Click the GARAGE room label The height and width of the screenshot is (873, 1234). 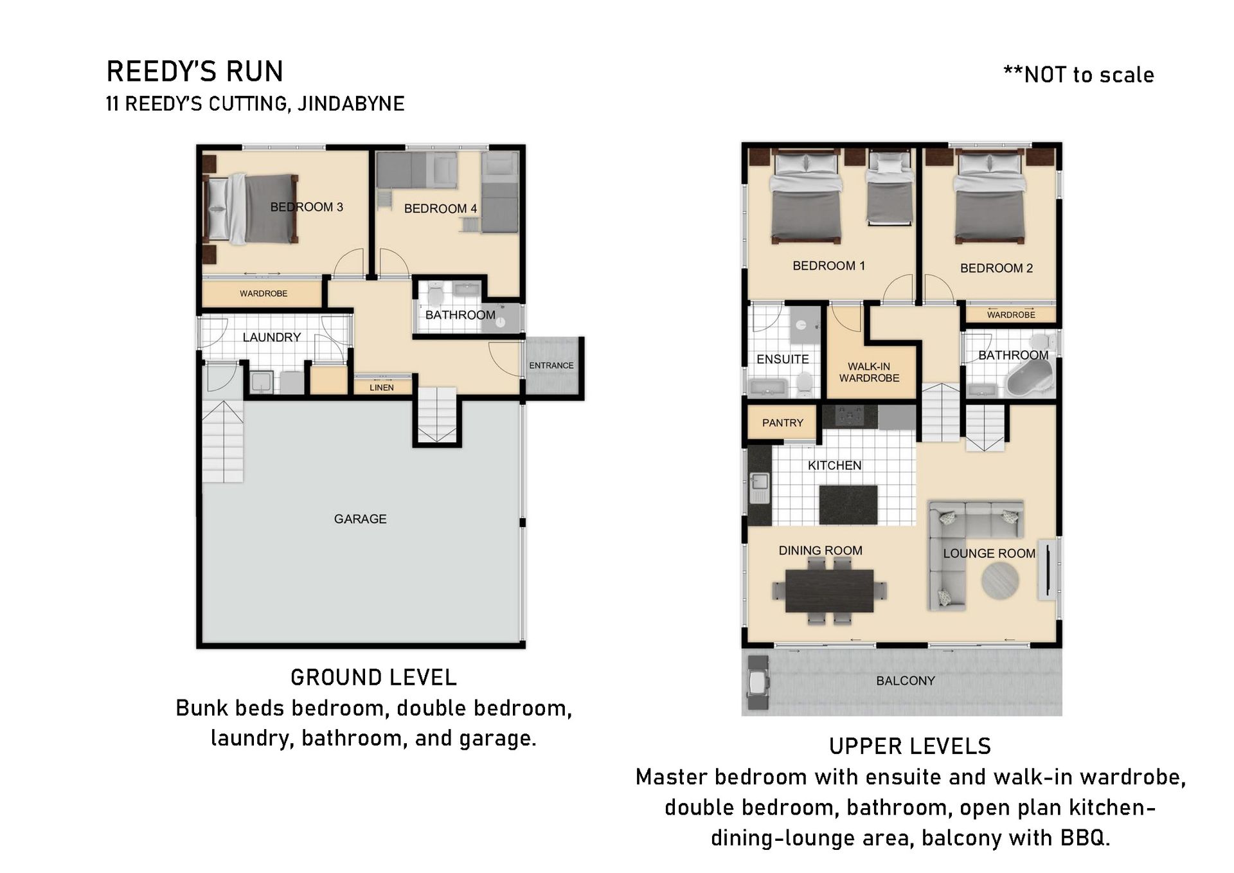tap(360, 519)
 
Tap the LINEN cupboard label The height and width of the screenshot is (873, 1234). tap(382, 388)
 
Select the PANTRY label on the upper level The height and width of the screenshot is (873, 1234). tap(782, 423)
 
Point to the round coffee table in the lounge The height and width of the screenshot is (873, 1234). tap(1000, 581)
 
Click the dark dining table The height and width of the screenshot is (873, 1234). tap(829, 591)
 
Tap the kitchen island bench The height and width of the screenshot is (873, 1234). tap(848, 505)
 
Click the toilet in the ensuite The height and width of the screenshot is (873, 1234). tap(803, 384)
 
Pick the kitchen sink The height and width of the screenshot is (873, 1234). tap(760, 488)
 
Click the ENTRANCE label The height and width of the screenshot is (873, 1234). tap(551, 365)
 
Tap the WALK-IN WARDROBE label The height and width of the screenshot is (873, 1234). tap(869, 372)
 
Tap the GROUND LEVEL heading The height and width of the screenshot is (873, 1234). tap(373, 678)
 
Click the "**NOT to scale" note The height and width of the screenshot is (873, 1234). tap(1078, 75)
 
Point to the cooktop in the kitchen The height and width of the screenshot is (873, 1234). tap(850, 417)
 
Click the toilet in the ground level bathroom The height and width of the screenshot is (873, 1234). tap(436, 295)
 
